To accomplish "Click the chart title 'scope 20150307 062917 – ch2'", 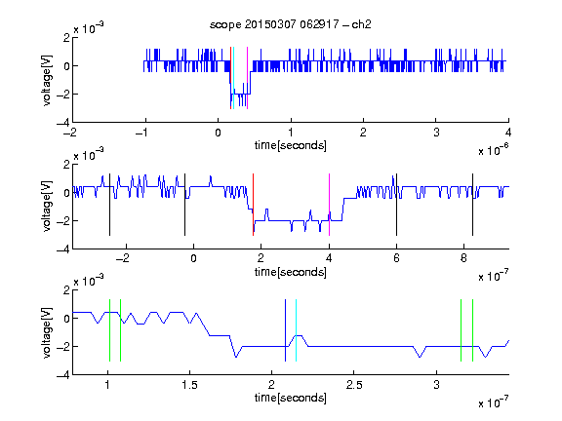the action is tap(291, 24).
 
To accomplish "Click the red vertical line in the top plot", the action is tap(230, 78).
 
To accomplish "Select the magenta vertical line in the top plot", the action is tap(247, 78).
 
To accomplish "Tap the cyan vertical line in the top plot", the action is tap(234, 78).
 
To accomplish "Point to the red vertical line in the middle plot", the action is tap(253, 205).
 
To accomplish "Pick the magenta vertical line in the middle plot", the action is tap(329, 205).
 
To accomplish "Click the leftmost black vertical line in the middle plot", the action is tap(109, 205).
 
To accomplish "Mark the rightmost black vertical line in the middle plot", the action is tap(472, 205).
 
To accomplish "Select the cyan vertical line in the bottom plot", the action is tap(296, 330).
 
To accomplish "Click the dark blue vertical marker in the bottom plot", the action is tap(285, 330).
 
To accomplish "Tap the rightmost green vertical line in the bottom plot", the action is tap(472, 330).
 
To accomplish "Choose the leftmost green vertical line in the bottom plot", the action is tap(109, 330).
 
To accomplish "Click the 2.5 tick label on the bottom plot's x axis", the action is tap(354, 385).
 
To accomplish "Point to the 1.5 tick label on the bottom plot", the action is tap(189, 385).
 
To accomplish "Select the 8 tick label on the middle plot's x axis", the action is tap(463, 258).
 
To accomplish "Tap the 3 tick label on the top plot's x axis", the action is tap(436, 133).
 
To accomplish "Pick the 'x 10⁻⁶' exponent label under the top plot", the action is tap(494, 150).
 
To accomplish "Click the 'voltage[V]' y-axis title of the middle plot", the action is tap(47, 207).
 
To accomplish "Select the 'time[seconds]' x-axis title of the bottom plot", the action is tap(291, 398).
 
